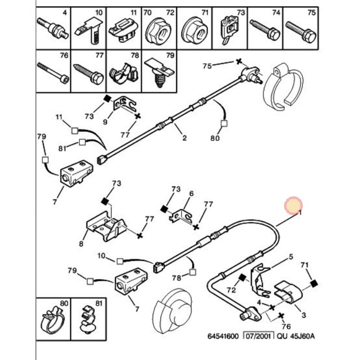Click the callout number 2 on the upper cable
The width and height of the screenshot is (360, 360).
click(184, 138)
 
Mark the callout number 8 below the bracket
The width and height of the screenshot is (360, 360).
click(81, 244)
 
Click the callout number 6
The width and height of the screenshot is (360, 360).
click(191, 193)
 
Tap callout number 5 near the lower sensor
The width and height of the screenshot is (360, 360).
click(291, 256)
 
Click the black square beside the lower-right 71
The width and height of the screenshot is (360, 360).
click(314, 283)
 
